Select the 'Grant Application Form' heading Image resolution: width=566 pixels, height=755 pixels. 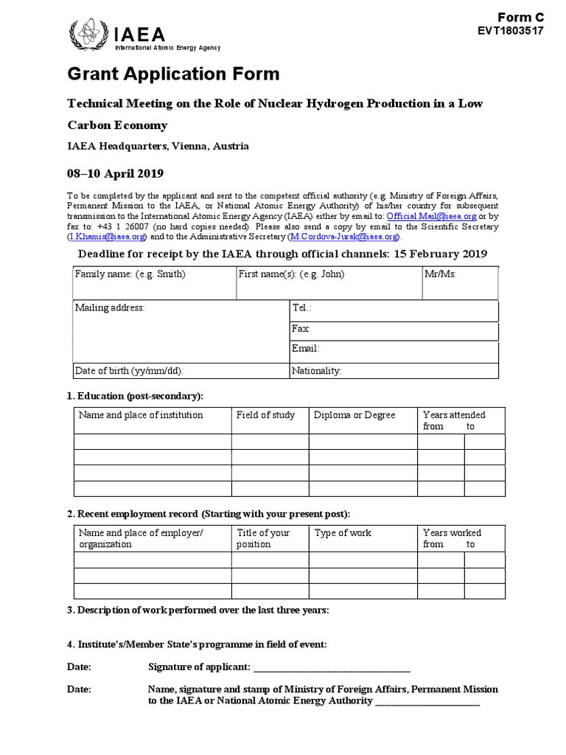(174, 74)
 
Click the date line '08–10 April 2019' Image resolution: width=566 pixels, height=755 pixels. (116, 173)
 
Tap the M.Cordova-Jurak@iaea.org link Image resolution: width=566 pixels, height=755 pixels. (344, 237)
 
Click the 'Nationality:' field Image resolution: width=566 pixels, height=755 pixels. (394, 370)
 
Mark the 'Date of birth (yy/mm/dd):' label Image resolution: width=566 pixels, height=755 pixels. (129, 370)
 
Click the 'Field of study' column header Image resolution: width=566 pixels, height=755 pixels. (265, 415)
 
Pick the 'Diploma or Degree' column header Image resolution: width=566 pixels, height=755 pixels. (354, 415)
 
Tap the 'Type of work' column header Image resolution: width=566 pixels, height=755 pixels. (343, 533)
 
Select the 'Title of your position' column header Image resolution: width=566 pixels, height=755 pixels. (263, 538)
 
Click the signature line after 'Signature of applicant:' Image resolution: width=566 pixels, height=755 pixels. (332, 668)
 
